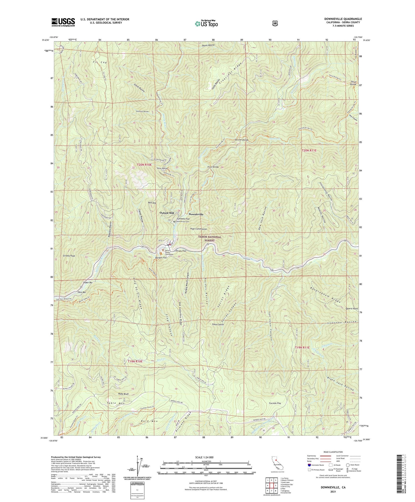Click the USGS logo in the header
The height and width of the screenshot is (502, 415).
click(x=63, y=22)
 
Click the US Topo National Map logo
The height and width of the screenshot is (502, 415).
click(x=206, y=24)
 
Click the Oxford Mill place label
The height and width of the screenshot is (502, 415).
click(x=167, y=213)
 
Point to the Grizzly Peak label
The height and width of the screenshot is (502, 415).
click(x=69, y=256)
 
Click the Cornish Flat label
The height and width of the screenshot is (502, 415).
click(x=274, y=403)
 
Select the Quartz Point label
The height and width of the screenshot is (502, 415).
click(x=352, y=308)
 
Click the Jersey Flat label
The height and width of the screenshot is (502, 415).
click(x=181, y=251)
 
